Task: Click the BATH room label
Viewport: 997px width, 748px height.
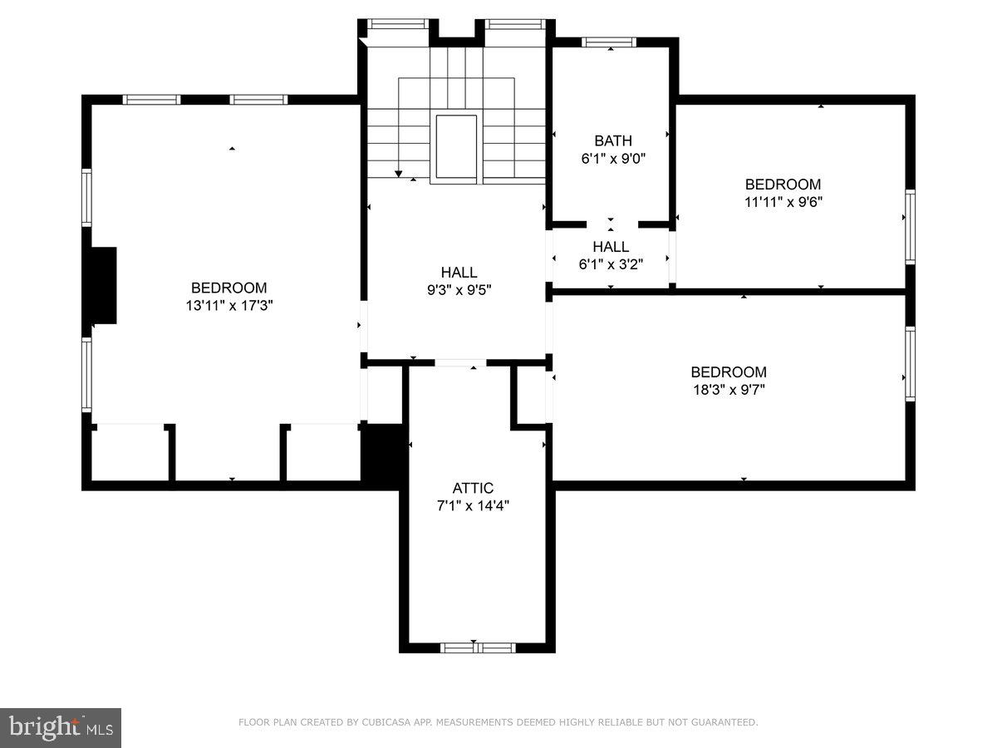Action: click(x=612, y=140)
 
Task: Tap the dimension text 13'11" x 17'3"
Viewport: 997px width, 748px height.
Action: click(x=229, y=305)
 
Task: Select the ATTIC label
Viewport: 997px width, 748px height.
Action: click(x=473, y=488)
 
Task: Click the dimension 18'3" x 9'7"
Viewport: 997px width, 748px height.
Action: click(x=728, y=388)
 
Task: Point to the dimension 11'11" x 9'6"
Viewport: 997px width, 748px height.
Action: click(x=783, y=201)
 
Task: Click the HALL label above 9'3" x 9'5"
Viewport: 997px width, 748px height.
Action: click(x=459, y=272)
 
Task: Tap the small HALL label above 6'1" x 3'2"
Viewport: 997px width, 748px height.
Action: click(x=611, y=247)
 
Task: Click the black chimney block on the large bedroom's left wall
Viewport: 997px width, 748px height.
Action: click(x=104, y=285)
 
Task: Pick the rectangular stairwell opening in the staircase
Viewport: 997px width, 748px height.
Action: click(x=456, y=146)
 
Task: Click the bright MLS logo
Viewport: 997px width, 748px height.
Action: click(x=61, y=728)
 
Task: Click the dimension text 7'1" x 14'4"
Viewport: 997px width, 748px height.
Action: click(x=473, y=504)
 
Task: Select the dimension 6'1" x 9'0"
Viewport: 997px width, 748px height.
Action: click(x=612, y=158)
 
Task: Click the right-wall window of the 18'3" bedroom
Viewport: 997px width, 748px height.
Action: click(x=910, y=364)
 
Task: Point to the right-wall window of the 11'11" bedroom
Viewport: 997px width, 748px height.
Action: click(x=910, y=227)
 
